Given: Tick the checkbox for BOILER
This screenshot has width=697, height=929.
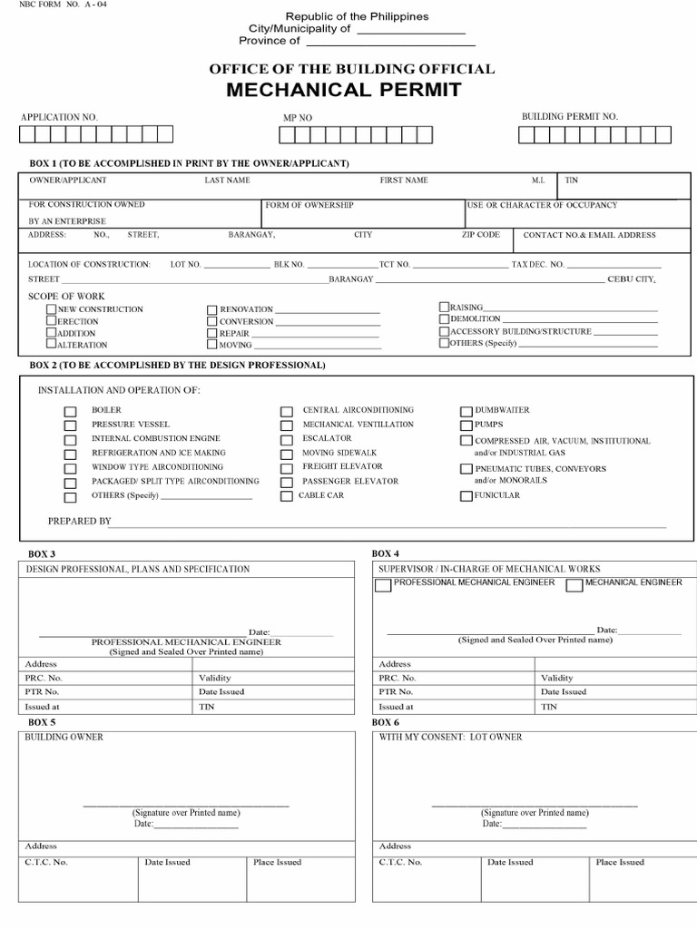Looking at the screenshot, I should pos(70,412).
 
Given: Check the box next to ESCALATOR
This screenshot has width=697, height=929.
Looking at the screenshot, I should pos(287,440).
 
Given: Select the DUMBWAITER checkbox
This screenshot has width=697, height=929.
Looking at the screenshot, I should pos(466,411).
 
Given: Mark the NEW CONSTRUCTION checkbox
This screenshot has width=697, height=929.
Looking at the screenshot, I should pos(52,309).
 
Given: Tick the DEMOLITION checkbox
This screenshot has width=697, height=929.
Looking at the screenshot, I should pos(445,319).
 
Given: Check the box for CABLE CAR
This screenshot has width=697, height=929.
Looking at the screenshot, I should pos(287,496).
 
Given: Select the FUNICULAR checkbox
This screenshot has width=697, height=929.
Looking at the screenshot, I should pos(466,496).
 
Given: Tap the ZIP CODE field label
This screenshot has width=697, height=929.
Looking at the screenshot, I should pos(480,235).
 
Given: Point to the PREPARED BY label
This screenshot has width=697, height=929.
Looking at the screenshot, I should pos(79,522).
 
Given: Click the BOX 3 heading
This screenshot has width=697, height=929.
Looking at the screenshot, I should pos(42,554).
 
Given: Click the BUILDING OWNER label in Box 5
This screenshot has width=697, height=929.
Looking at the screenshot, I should pos(64,738).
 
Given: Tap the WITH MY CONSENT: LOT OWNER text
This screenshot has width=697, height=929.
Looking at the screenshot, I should pos(450,738).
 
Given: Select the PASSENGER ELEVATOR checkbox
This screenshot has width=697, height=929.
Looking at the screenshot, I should pos(287,482).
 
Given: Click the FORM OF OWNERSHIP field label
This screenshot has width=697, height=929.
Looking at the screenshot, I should pos(309,206).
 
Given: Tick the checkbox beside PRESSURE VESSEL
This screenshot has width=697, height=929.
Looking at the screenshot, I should pos(70,425).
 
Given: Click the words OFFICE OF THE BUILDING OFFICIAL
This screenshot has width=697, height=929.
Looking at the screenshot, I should pos(352,69).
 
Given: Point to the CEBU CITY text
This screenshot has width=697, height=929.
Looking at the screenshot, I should pos(631,279).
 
